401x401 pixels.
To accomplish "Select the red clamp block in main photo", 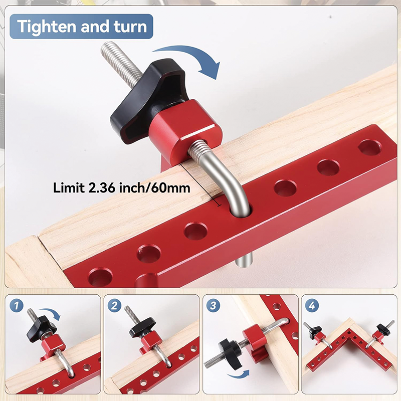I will click(190, 130).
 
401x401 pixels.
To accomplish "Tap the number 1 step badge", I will click(17, 305).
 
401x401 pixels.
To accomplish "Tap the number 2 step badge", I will click(116, 305).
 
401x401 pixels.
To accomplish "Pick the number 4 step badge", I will click(313, 305).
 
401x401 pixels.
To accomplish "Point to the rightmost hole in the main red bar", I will click(369, 147).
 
